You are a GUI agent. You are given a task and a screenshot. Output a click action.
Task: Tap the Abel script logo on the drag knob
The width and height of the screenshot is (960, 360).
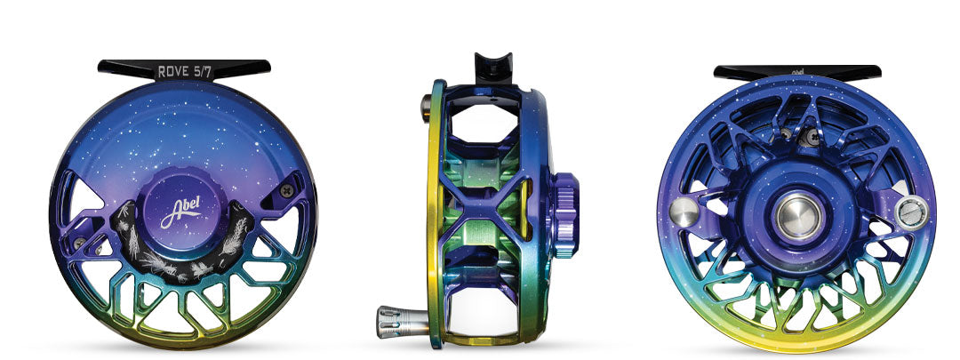click(x=180, y=212)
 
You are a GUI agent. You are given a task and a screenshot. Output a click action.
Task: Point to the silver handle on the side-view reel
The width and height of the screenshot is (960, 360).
click(x=402, y=321)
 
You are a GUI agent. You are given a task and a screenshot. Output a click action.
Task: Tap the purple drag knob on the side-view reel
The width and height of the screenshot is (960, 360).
click(x=565, y=214)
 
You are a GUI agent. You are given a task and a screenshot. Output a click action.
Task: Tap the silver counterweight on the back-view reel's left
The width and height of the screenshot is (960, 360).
click(x=684, y=212)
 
